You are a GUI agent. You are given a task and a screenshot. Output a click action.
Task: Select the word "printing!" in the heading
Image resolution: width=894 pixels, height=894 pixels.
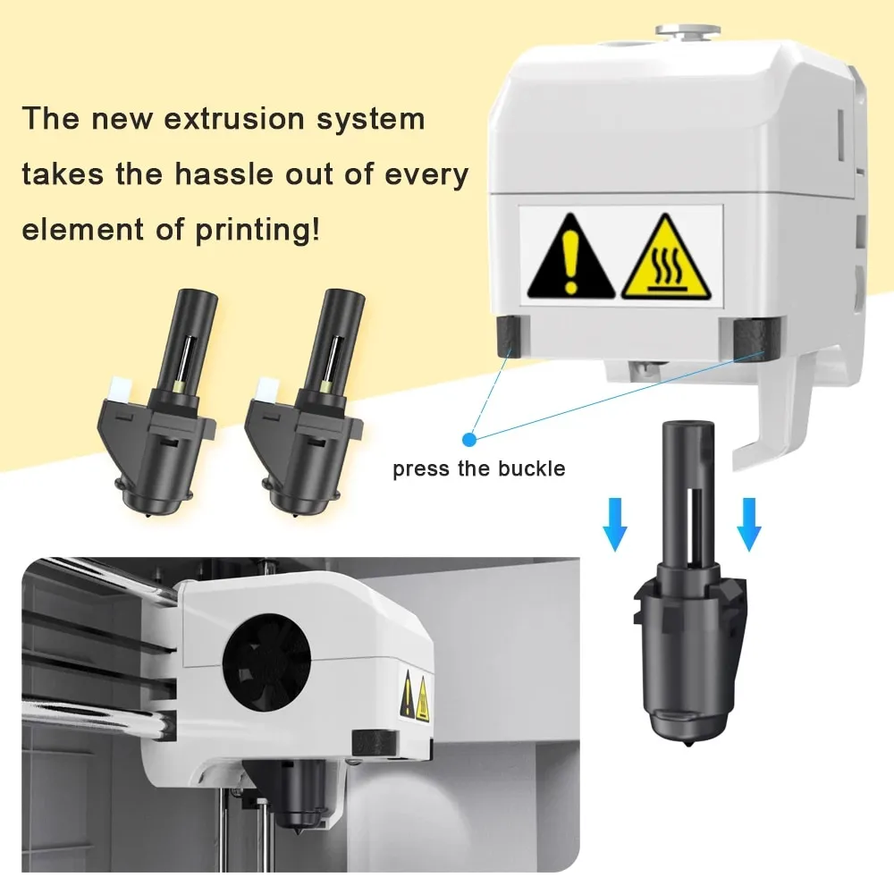point(257,230)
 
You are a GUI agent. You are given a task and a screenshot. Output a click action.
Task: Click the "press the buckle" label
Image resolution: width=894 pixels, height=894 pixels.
point(479,468)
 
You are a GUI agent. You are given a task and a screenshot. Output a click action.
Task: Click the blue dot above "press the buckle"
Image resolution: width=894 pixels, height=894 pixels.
point(469,440)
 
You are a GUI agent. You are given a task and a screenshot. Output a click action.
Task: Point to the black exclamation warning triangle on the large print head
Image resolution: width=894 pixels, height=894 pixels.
point(570,256)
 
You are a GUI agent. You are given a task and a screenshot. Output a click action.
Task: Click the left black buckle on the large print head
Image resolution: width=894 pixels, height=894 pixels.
point(509,335)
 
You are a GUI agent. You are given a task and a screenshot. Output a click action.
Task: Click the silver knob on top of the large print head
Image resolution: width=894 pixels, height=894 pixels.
point(687,31)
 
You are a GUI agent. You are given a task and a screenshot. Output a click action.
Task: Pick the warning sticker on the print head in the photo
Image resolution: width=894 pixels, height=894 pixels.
point(415,696)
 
